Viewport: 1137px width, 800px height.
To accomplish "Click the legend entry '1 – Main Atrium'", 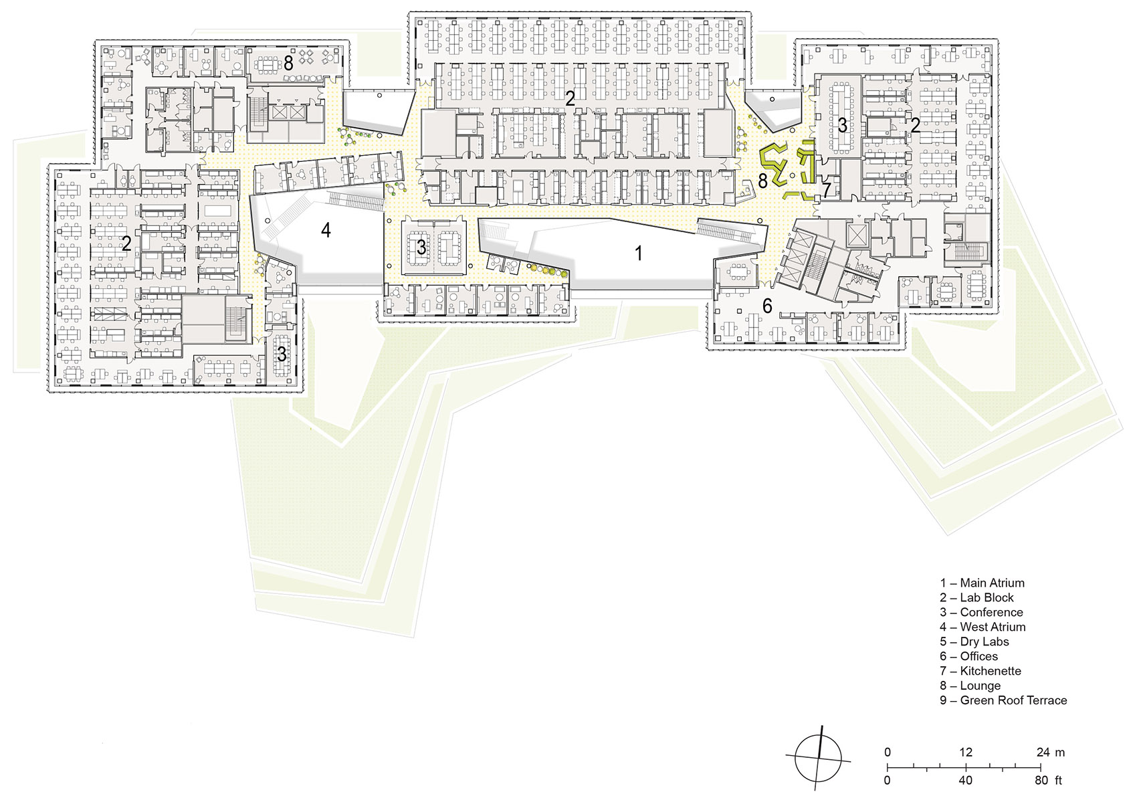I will (x=981, y=583).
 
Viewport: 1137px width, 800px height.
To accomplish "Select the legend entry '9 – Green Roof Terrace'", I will (x=1003, y=700).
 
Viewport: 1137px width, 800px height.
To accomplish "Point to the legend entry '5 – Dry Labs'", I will (x=974, y=641).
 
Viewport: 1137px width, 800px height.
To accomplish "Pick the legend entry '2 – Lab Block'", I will (x=976, y=597).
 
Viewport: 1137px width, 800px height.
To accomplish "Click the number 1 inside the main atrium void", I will (x=639, y=253).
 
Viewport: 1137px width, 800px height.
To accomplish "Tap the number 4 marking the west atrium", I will (x=326, y=230).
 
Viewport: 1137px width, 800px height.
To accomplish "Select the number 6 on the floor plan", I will (x=767, y=306).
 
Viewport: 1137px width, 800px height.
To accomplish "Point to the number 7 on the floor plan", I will (x=826, y=191).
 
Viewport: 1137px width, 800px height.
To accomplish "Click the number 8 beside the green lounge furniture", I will (x=763, y=181).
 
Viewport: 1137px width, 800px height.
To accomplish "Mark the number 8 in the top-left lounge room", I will (x=288, y=64).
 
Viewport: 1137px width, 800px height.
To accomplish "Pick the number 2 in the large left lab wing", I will (x=126, y=244).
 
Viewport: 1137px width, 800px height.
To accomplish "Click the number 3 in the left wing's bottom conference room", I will (x=282, y=353).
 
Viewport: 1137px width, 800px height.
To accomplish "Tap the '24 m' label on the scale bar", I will (x=1050, y=752).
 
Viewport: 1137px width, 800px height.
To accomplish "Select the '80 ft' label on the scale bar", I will (x=1049, y=780).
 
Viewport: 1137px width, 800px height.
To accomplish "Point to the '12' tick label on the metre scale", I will (x=965, y=752).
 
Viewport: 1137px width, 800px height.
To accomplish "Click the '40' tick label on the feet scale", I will (x=965, y=780).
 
